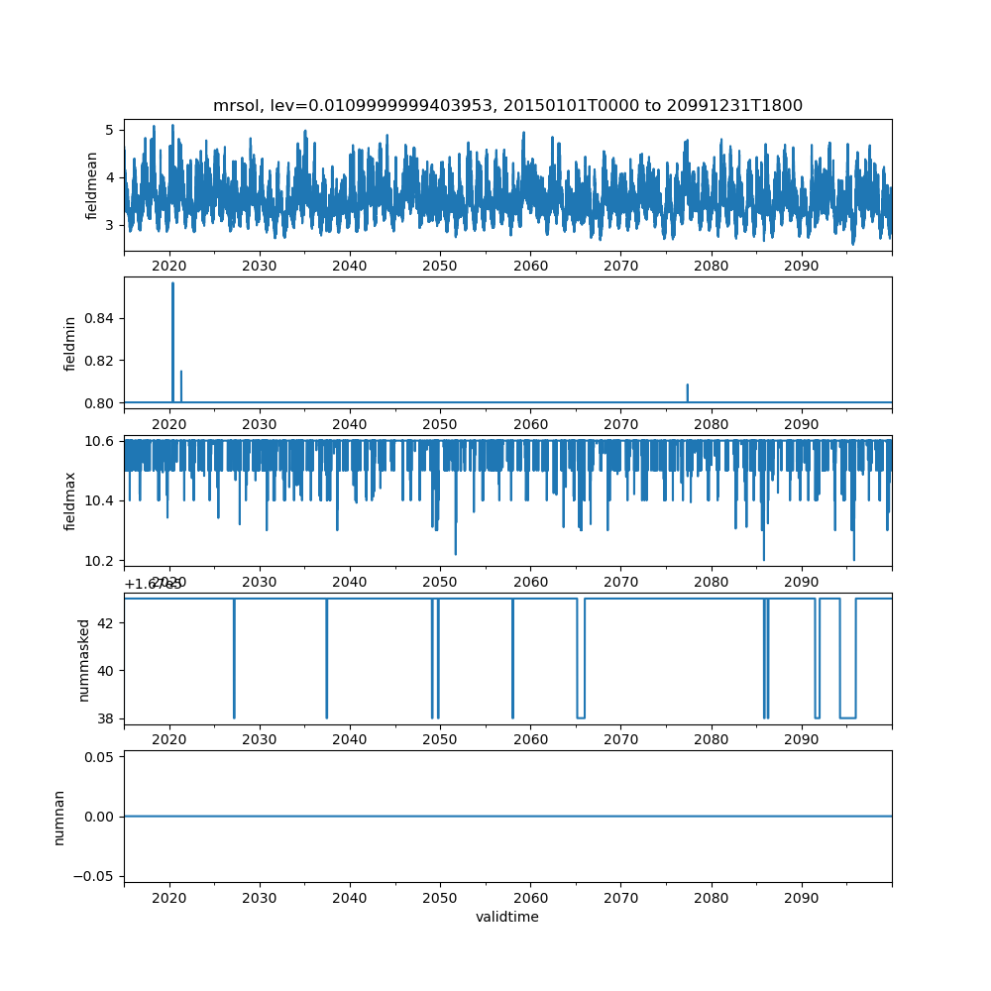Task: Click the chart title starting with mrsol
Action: point(507,105)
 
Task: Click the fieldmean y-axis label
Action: point(91,185)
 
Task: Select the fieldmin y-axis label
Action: point(69,342)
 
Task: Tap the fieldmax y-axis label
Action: point(69,499)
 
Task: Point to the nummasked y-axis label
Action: point(84,660)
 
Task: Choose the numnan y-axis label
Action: point(58,817)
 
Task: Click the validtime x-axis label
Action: point(507,918)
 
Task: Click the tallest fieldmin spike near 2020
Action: point(172,285)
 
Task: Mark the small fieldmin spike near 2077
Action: point(687,386)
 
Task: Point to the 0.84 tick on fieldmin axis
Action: point(104,318)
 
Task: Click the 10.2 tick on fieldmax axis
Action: point(104,561)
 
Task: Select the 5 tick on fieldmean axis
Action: point(113,130)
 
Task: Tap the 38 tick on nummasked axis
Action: point(110,717)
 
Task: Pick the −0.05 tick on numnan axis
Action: point(100,876)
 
